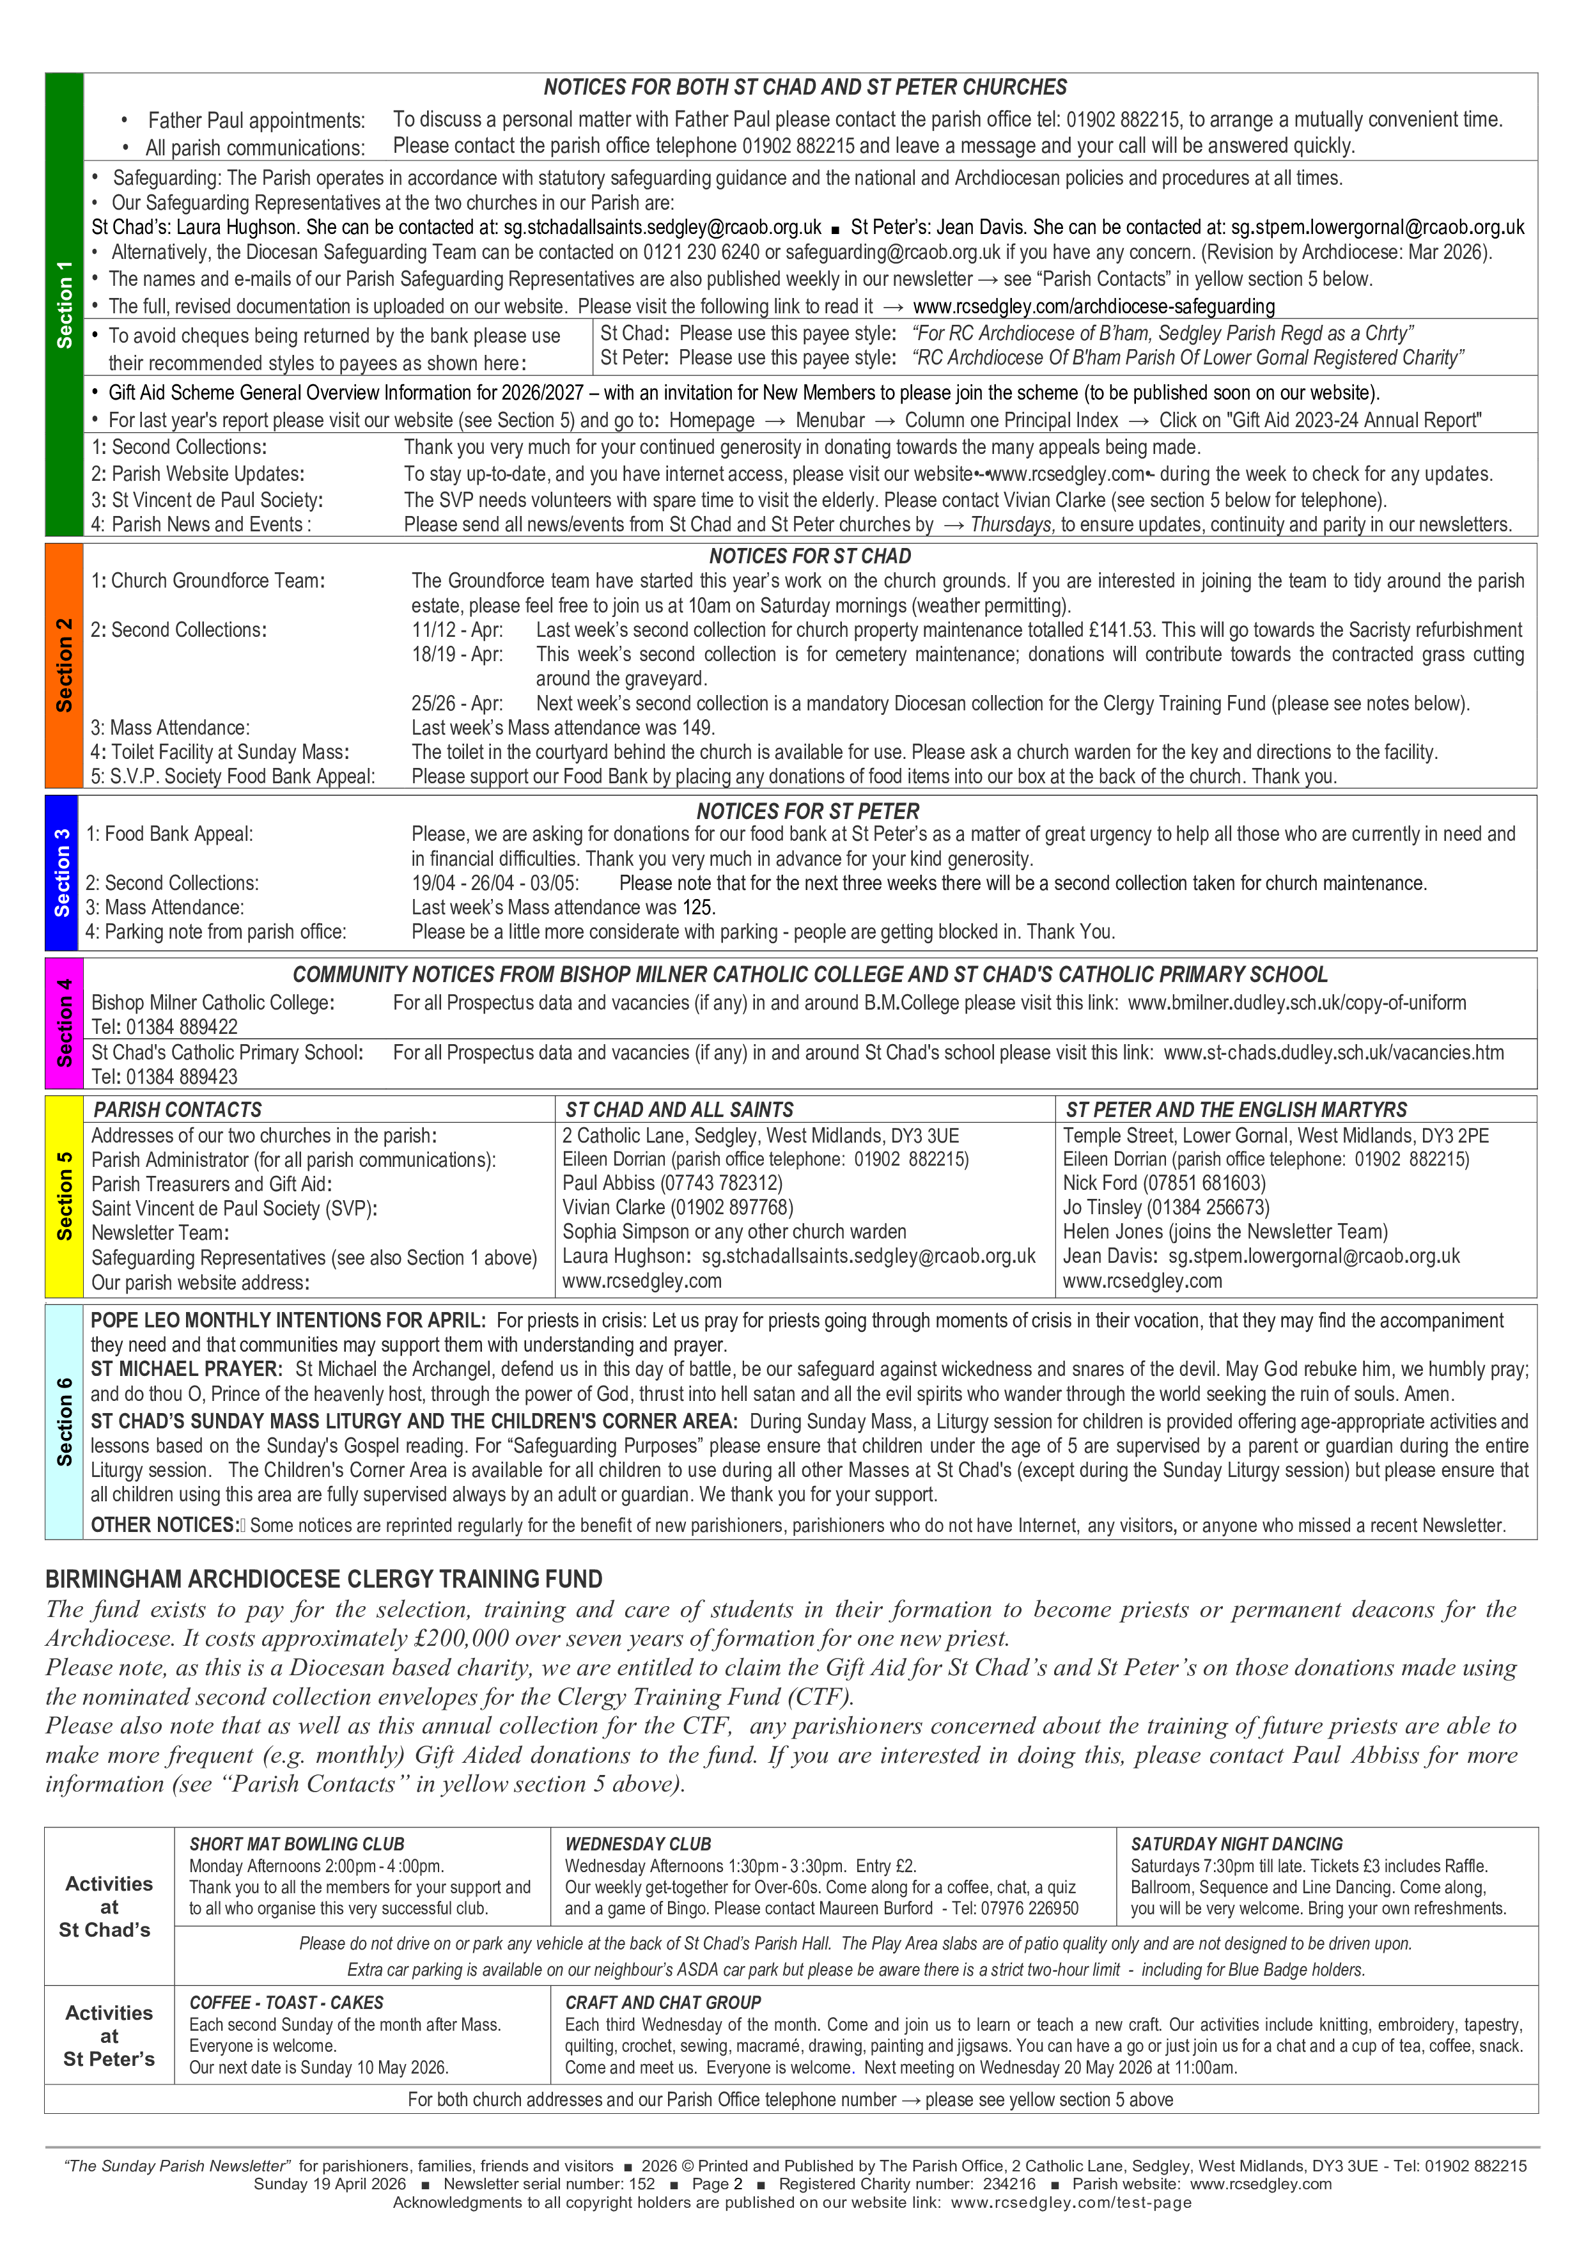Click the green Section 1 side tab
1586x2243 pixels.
tap(63, 305)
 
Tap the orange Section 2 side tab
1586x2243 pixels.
tap(63, 665)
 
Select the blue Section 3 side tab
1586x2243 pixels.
tap(63, 872)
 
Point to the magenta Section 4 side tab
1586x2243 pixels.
tap(63, 1023)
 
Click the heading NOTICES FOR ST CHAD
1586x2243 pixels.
tap(809, 556)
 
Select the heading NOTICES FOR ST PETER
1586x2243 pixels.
tap(807, 811)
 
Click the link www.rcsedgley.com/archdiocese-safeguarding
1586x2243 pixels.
tap(1094, 307)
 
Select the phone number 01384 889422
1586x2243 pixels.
tap(180, 1027)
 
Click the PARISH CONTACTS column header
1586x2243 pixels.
tap(178, 1110)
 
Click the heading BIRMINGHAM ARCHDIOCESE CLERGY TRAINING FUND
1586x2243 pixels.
tap(324, 1580)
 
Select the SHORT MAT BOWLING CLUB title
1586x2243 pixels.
tap(297, 1845)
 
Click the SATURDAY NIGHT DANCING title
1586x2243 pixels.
tap(1236, 1845)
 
